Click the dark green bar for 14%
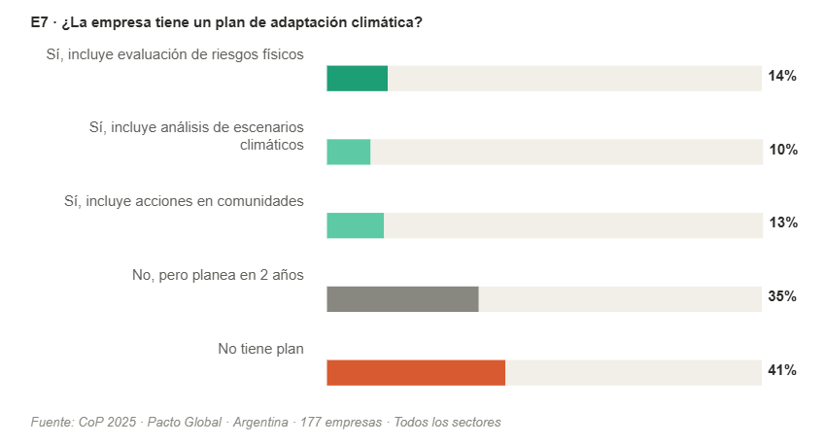(x=357, y=78)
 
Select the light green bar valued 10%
(x=348, y=152)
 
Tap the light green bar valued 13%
(x=355, y=225)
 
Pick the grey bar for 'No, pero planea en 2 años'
(x=402, y=299)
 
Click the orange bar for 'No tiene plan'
(x=416, y=373)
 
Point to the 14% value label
(x=782, y=77)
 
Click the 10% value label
(x=782, y=151)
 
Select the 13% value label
(x=782, y=223)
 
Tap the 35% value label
(x=782, y=297)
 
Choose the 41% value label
(x=782, y=371)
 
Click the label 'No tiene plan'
(x=260, y=349)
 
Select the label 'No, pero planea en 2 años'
(x=218, y=275)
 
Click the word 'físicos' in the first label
(x=281, y=54)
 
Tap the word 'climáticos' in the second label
(x=272, y=145)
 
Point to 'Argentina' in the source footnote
(x=259, y=423)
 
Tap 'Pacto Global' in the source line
(x=182, y=423)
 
